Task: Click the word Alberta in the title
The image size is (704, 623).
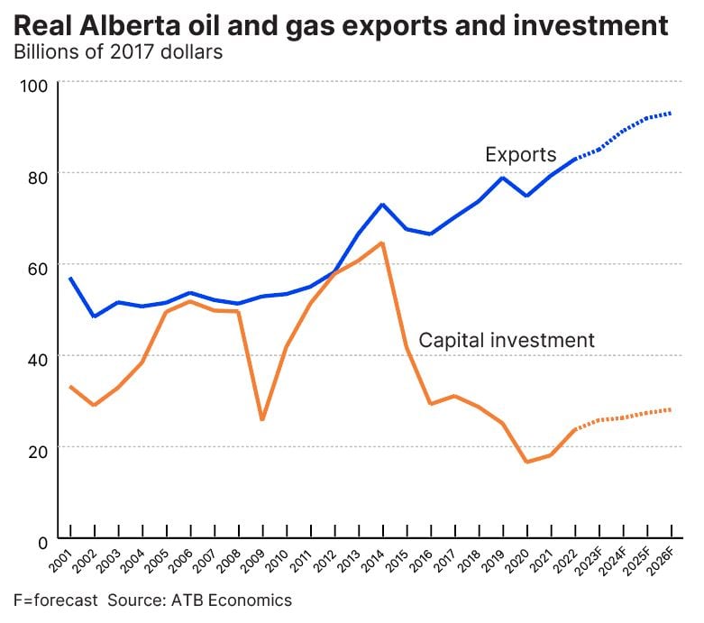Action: click(x=124, y=24)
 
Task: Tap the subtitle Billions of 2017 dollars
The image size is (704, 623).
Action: click(x=117, y=50)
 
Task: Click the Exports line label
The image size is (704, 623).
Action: click(x=520, y=154)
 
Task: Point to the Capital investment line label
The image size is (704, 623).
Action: click(x=507, y=340)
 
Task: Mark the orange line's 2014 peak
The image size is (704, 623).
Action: click(x=382, y=243)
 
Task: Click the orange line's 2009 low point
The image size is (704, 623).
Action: click(x=262, y=419)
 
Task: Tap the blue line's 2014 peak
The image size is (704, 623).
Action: click(x=382, y=205)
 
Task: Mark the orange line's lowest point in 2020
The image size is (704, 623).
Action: click(x=526, y=462)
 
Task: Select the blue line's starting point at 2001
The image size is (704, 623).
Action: click(x=70, y=279)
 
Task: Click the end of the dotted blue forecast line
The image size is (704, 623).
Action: click(x=671, y=114)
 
